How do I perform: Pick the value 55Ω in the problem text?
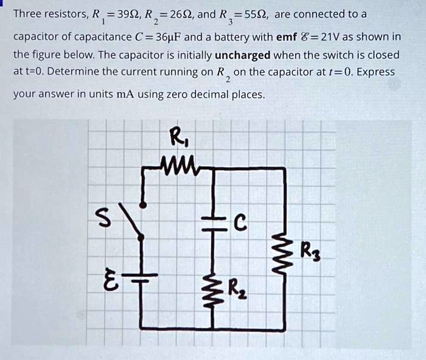point(254,14)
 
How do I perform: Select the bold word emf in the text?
point(286,36)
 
